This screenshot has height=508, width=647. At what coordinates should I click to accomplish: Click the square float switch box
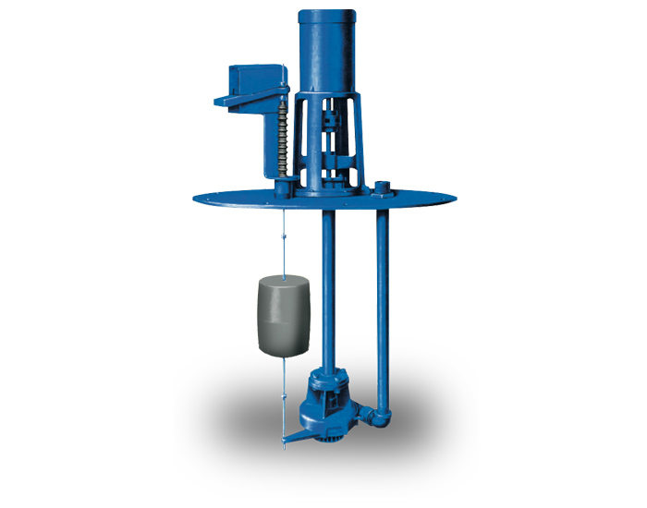point(256,83)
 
